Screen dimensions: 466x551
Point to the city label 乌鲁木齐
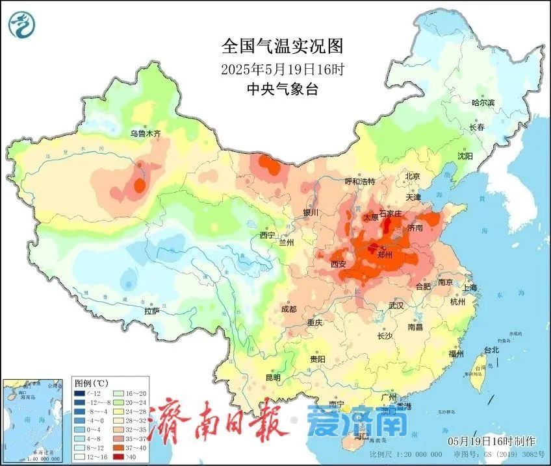(144, 134)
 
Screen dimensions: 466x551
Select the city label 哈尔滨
(483, 103)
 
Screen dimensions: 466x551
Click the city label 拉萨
(152, 312)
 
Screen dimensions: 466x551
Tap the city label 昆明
(273, 378)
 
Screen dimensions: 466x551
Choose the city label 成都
(289, 310)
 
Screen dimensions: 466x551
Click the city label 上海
(469, 288)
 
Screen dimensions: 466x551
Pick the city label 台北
(491, 350)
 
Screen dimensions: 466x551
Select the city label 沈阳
(465, 156)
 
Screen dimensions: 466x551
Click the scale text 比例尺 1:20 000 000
(404, 454)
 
